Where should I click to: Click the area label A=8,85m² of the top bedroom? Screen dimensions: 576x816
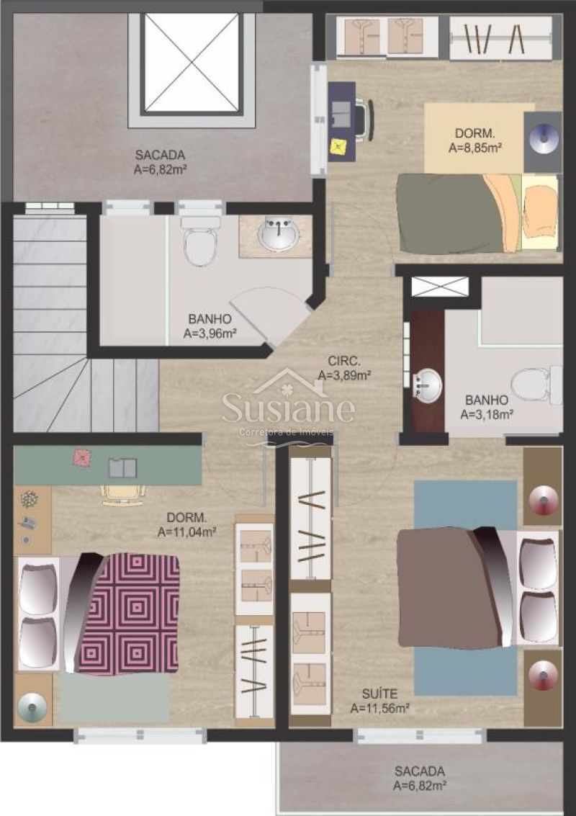point(474,148)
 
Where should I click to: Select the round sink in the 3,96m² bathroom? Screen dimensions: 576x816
point(279,233)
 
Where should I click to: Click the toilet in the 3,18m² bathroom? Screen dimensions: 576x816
point(536,385)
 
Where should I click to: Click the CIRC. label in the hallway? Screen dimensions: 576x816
point(344,361)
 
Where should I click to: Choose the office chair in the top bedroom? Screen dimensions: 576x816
point(365,119)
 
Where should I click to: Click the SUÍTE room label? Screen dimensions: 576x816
point(380,694)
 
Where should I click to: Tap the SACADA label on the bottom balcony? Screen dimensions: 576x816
point(419,771)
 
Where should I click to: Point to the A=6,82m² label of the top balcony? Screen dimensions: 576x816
point(161,169)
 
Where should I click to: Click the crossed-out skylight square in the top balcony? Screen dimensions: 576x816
point(192,63)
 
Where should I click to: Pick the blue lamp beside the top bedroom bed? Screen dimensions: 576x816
point(543,138)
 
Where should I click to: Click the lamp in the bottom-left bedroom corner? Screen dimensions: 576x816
point(32,707)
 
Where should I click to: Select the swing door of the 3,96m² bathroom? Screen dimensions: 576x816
point(271,314)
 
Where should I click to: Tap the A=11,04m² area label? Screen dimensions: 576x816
point(186,532)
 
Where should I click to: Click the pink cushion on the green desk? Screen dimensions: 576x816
point(81,457)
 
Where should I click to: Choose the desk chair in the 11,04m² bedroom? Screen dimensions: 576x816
point(123,494)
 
